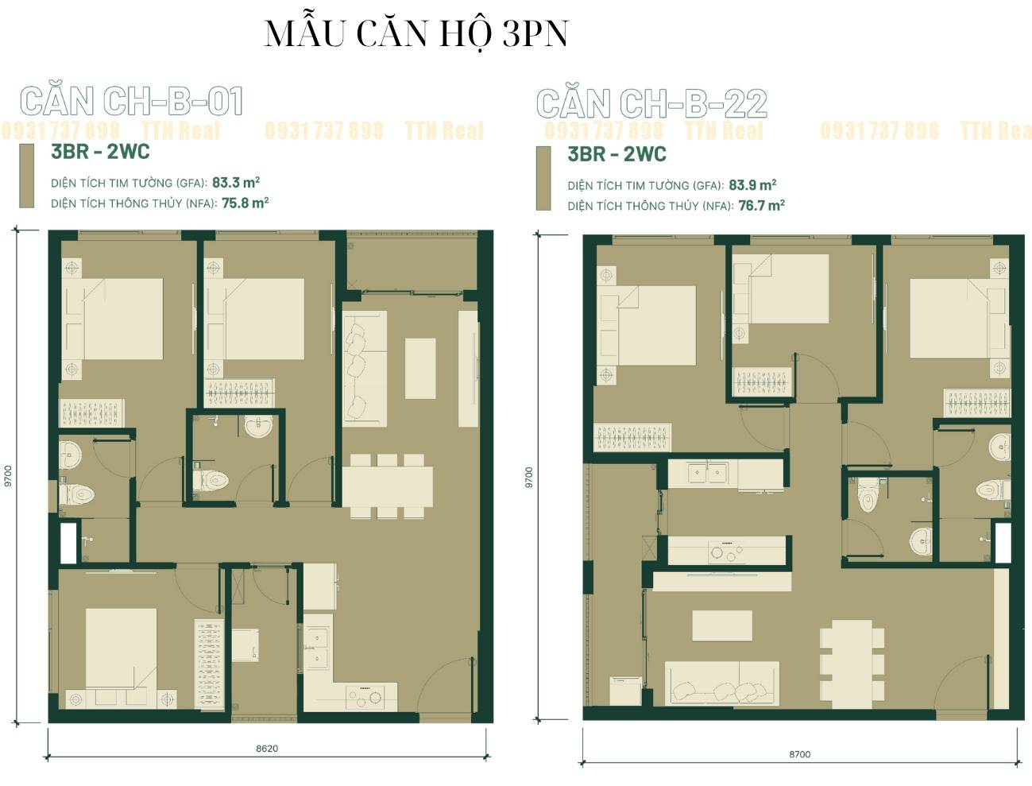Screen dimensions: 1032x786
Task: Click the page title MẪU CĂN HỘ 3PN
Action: click(x=416, y=34)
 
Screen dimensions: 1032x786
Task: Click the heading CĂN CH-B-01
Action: click(x=131, y=101)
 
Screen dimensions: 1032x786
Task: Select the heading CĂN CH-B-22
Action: click(x=651, y=103)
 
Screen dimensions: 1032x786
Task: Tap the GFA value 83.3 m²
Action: click(x=236, y=182)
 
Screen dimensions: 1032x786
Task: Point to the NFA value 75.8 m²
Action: click(x=245, y=203)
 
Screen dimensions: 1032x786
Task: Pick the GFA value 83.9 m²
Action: click(x=752, y=185)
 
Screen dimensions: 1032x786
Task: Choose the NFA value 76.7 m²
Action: click(x=762, y=206)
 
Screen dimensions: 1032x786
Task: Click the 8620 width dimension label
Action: click(x=267, y=749)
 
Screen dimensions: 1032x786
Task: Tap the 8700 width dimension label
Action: click(x=800, y=754)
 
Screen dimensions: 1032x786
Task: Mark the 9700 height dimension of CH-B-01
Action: click(x=7, y=476)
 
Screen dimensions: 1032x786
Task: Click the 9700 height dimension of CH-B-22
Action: click(x=529, y=477)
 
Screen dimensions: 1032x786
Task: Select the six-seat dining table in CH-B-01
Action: click(x=388, y=486)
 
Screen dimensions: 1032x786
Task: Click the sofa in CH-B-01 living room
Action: click(x=365, y=368)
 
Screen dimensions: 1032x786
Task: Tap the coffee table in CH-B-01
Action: click(x=420, y=368)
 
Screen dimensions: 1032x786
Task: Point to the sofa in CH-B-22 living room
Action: click(x=722, y=683)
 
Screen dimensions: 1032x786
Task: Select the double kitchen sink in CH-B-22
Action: click(x=706, y=474)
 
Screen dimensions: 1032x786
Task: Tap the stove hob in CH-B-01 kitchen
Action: click(x=364, y=697)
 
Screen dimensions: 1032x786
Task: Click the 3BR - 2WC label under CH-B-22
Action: click(x=616, y=154)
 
